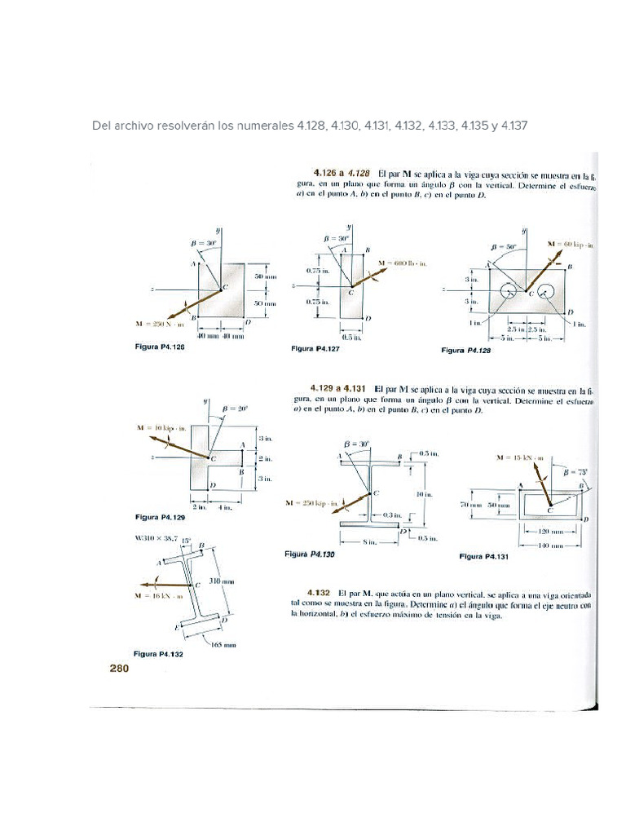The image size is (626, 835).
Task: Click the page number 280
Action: click(x=119, y=669)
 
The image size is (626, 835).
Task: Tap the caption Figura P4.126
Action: click(x=160, y=347)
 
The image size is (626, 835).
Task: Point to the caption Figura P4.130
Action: click(x=310, y=554)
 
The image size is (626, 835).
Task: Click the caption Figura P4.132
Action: click(x=159, y=653)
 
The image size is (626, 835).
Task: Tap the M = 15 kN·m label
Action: click(x=522, y=458)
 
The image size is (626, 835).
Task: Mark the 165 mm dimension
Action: click(x=223, y=644)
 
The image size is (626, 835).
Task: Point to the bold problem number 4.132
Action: click(x=318, y=591)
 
